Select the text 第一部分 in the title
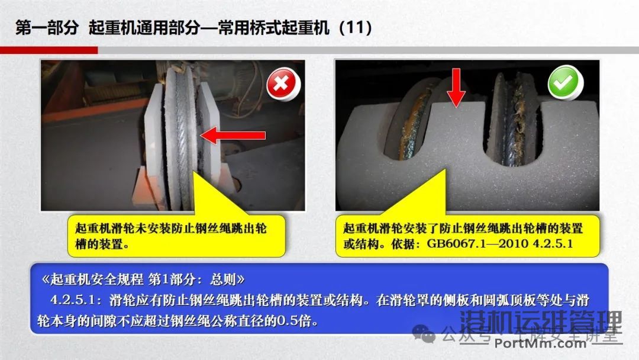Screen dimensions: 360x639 pos(47,28)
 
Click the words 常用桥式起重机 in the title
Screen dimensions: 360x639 pos(273,28)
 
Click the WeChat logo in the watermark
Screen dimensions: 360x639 pos(425,335)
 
